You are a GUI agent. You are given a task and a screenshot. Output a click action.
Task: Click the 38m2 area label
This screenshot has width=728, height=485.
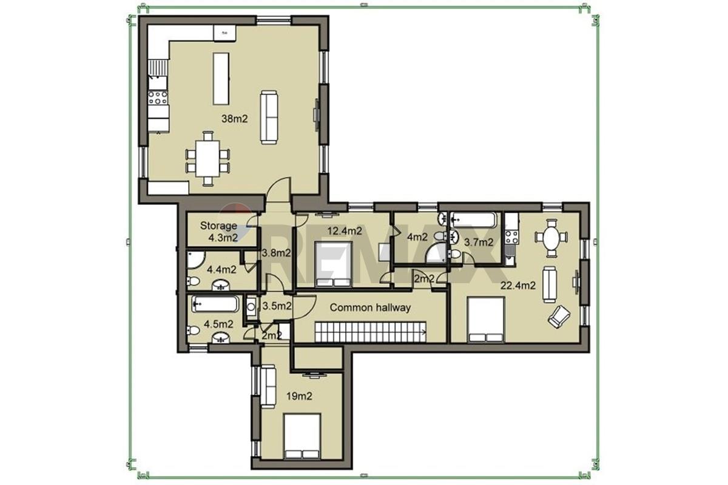pyautogui.click(x=234, y=119)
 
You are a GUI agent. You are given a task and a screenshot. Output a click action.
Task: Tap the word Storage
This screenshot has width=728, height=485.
pyautogui.click(x=218, y=226)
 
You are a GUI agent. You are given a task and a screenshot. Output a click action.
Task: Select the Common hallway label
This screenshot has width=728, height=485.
pyautogui.click(x=370, y=307)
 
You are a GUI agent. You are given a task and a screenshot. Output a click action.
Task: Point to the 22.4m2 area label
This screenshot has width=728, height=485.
pyautogui.click(x=517, y=285)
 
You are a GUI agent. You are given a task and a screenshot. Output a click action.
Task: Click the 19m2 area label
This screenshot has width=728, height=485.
pyautogui.click(x=299, y=396)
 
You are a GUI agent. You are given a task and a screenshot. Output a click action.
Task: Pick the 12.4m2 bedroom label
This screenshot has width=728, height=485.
pyautogui.click(x=345, y=231)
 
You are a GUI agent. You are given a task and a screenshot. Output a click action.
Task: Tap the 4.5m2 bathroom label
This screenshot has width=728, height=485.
pyautogui.click(x=218, y=324)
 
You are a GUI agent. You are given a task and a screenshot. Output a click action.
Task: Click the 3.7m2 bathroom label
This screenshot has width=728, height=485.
pyautogui.click(x=479, y=242)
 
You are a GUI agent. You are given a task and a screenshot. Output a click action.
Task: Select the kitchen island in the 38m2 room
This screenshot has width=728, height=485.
pyautogui.click(x=221, y=79)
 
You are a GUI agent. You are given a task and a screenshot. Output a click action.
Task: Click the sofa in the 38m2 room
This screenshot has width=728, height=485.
pyautogui.click(x=269, y=117)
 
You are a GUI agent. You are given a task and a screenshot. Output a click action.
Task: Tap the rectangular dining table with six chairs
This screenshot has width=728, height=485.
pyautogui.click(x=207, y=158)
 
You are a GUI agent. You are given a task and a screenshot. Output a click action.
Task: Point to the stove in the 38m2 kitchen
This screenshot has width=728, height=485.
pyautogui.click(x=158, y=98)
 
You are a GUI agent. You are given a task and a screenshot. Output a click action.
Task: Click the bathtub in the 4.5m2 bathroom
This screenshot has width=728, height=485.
pyautogui.click(x=215, y=304)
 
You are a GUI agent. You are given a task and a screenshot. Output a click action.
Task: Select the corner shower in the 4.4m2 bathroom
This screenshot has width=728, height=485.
pyautogui.click(x=195, y=260)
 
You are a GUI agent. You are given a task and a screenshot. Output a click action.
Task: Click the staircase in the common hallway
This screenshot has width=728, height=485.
pyautogui.click(x=371, y=332)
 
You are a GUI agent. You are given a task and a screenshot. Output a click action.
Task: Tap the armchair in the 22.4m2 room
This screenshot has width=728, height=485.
pyautogui.click(x=559, y=316)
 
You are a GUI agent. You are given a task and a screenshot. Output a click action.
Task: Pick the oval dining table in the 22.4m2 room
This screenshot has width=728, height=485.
pyautogui.click(x=551, y=238)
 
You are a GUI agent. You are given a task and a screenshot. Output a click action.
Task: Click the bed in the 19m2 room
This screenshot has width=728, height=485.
pyautogui.click(x=302, y=436)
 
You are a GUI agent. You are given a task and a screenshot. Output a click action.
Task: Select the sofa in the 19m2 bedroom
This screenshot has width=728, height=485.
pyautogui.click(x=268, y=387)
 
